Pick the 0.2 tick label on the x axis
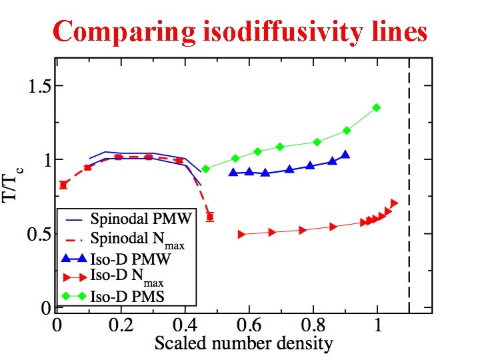(121, 327)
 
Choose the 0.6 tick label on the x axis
(250, 327)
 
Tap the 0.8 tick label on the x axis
(314, 327)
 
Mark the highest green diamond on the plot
(377, 107)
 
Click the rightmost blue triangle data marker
(345, 155)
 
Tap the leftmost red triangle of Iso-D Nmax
(241, 234)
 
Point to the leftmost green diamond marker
(205, 169)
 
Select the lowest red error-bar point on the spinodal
(210, 217)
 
